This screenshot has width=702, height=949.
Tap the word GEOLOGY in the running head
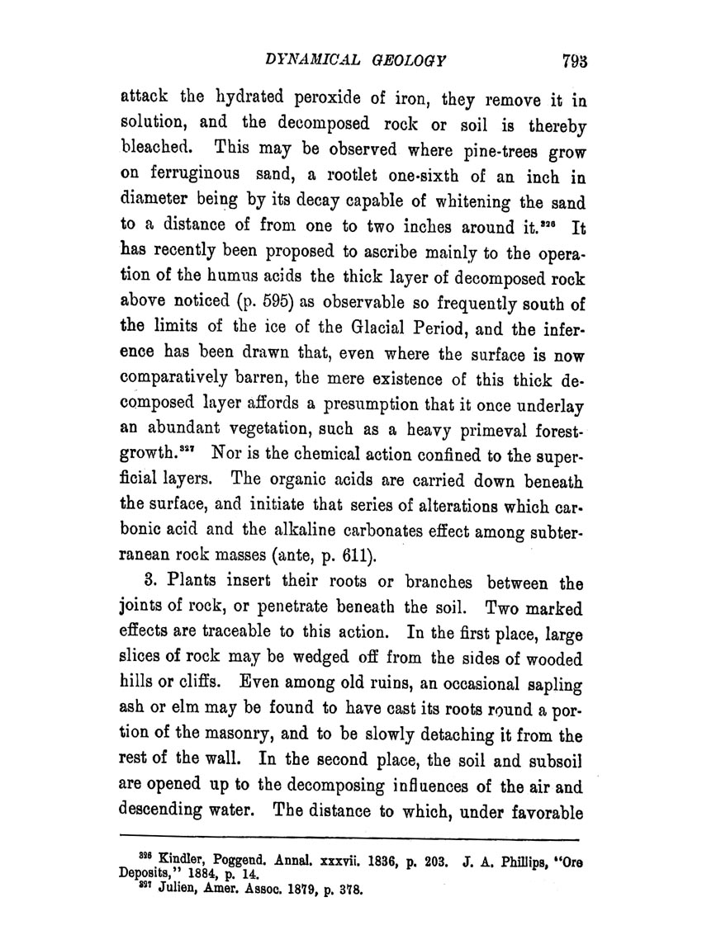coord(412,60)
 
